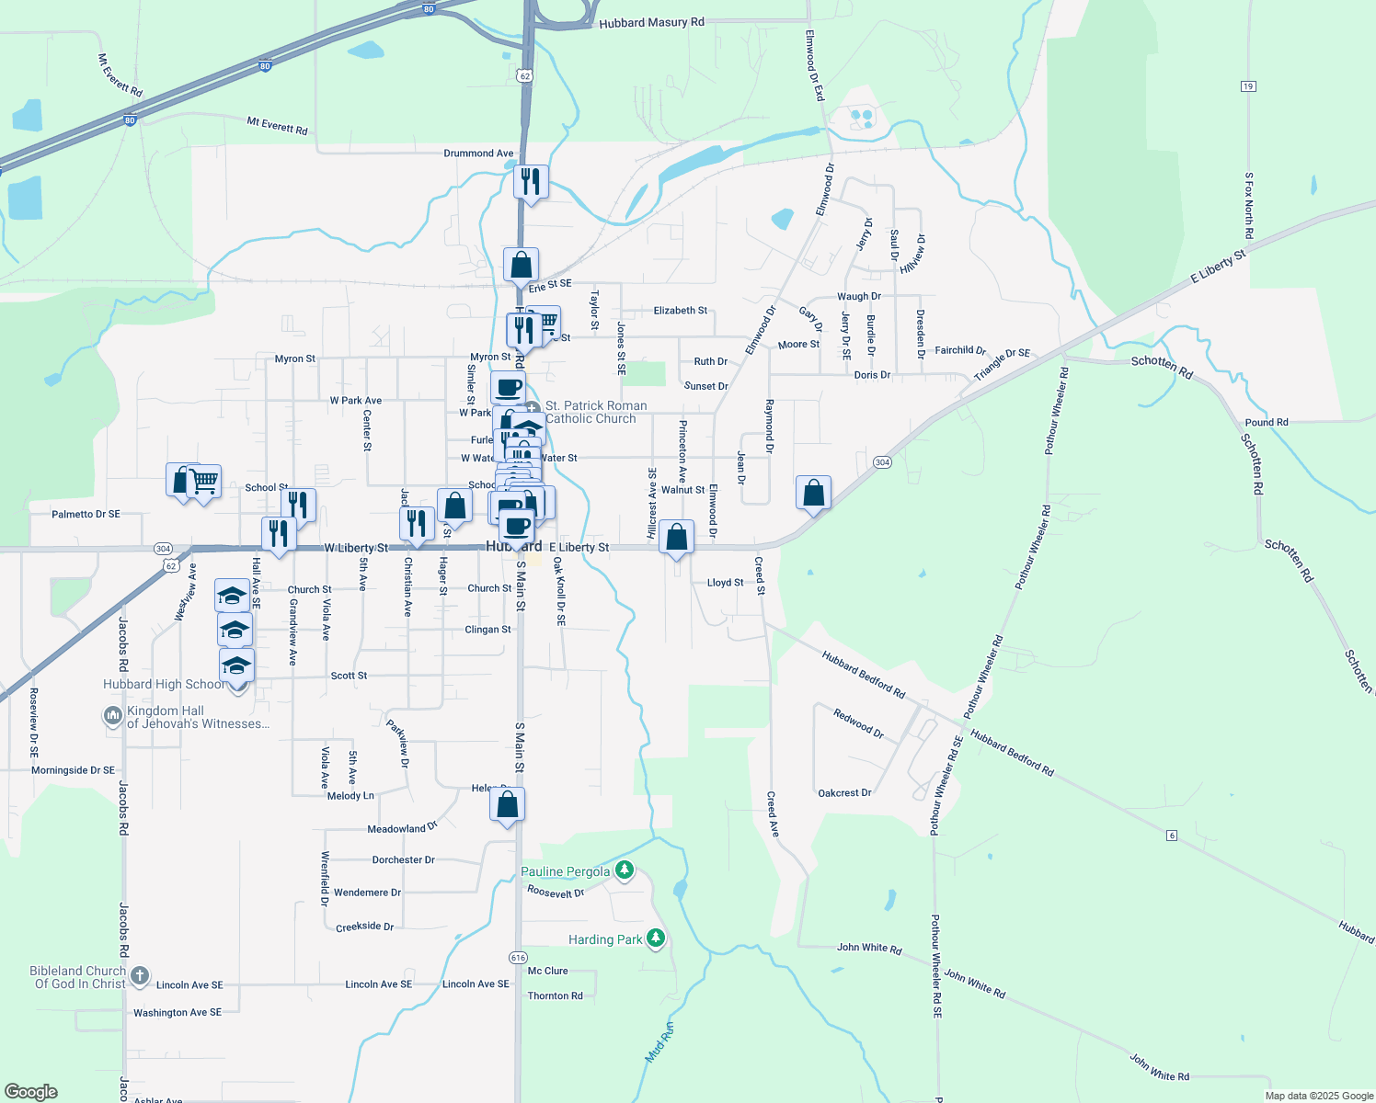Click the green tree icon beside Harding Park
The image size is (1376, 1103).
[655, 938]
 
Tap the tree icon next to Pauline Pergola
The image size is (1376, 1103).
[625, 870]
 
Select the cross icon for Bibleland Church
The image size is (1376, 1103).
[140, 976]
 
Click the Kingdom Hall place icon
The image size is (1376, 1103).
[113, 715]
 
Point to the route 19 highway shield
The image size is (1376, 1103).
[1248, 86]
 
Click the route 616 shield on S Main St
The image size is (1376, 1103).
[518, 958]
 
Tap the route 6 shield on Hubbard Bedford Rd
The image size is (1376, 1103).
[1171, 835]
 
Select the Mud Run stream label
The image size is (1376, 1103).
[659, 1042]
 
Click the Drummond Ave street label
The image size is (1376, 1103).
[478, 154]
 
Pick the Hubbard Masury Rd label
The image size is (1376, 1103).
[651, 22]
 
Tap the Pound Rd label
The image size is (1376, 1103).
[1267, 423]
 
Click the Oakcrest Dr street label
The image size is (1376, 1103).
[844, 792]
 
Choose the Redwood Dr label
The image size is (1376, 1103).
[858, 723]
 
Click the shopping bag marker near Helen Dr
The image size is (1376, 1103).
[507, 805]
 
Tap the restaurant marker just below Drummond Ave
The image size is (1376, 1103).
[531, 181]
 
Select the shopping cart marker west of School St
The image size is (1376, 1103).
[204, 481]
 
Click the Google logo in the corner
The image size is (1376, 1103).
[31, 1092]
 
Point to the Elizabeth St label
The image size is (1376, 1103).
[681, 311]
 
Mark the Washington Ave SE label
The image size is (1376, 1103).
[178, 1012]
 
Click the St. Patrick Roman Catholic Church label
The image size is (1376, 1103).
[595, 412]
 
